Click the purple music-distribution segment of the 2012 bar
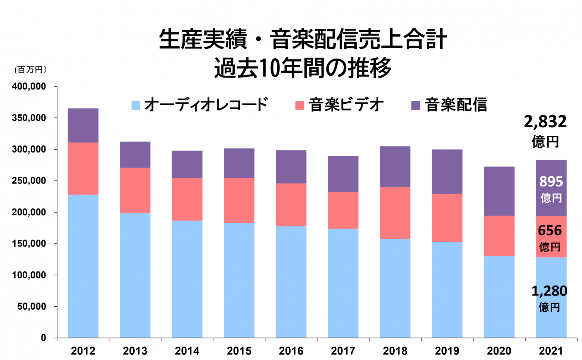click(x=83, y=125)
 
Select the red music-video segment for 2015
click(x=239, y=200)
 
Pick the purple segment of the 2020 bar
click(x=499, y=191)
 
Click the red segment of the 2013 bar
click(x=135, y=190)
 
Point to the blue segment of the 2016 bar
click(x=291, y=282)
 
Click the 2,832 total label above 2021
click(x=545, y=122)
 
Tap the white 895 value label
click(x=551, y=182)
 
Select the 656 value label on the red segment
click(x=550, y=231)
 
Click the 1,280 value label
click(x=549, y=291)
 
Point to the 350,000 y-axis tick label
click(x=29, y=118)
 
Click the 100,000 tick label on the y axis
click(x=29, y=275)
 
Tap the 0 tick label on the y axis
click(x=44, y=338)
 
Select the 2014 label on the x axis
click(x=187, y=351)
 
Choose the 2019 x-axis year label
click(x=447, y=351)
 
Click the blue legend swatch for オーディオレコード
click(x=136, y=105)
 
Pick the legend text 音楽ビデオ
click(x=346, y=105)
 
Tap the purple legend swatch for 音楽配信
click(x=416, y=105)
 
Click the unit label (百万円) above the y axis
click(x=31, y=70)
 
